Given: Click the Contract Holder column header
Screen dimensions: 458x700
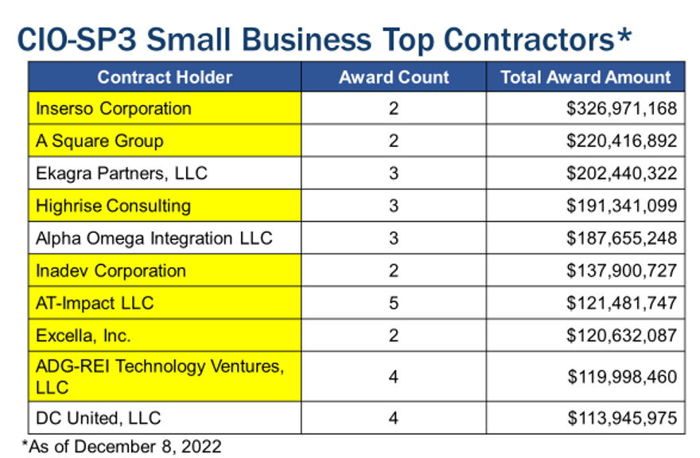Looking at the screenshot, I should pyautogui.click(x=165, y=77).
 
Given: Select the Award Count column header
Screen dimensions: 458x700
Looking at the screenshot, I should pyautogui.click(x=394, y=77).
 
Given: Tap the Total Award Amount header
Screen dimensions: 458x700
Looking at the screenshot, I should pyautogui.click(x=585, y=77).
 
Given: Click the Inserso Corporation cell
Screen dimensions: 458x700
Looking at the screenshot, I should pyautogui.click(x=114, y=108).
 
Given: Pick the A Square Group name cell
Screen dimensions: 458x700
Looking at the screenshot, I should pyautogui.click(x=99, y=141).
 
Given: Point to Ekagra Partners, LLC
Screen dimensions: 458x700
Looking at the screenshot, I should pyautogui.click(x=122, y=173).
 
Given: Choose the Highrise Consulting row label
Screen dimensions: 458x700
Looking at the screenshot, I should pyautogui.click(x=114, y=206).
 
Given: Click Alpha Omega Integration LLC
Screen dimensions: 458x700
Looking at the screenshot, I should pyautogui.click(x=154, y=239).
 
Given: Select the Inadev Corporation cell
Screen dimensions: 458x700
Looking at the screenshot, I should pyautogui.click(x=111, y=271).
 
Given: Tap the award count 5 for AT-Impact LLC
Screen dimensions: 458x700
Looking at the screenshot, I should pyautogui.click(x=394, y=303).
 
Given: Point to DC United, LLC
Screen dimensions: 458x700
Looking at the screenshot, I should pyautogui.click(x=98, y=417).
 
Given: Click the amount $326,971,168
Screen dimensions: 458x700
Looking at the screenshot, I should pyautogui.click(x=621, y=108).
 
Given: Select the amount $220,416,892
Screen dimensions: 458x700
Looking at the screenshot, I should pyautogui.click(x=621, y=141).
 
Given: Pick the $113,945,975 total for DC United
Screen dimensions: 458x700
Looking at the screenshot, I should pyautogui.click(x=621, y=417).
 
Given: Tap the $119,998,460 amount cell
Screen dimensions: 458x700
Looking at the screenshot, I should pyautogui.click(x=622, y=376).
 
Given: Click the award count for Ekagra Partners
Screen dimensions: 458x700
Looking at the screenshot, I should pyautogui.click(x=394, y=173).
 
